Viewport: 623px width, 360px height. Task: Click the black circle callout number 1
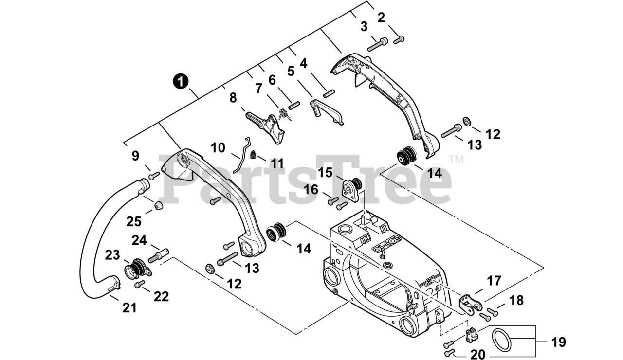point(181,81)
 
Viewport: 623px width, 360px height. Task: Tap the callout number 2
point(381,18)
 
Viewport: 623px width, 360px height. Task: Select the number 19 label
point(558,342)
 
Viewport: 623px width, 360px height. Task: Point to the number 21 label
point(129,308)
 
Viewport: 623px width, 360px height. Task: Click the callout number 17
point(494,281)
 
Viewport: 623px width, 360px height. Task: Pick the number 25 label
point(134,221)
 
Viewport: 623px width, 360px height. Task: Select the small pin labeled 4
point(329,93)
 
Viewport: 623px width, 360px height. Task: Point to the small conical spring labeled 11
point(253,155)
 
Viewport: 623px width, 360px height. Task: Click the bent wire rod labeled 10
point(242,155)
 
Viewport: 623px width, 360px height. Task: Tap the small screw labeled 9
point(154,176)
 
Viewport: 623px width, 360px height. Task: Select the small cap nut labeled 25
point(159,206)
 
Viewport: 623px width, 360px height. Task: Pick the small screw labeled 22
point(140,284)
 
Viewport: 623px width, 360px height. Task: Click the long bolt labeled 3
point(377,44)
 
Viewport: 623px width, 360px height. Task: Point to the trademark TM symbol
point(457,160)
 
